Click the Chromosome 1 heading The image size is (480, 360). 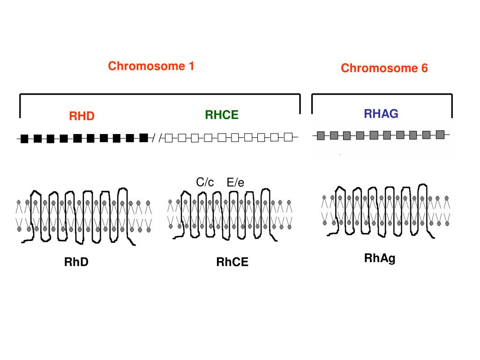point(151,66)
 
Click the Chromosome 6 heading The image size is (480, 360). point(384,68)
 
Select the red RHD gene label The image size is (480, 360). point(82,116)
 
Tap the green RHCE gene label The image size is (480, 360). point(222,115)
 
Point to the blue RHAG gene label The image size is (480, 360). point(381,113)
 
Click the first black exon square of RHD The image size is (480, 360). point(25,138)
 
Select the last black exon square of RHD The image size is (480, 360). point(144,137)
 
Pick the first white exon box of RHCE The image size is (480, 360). point(169,138)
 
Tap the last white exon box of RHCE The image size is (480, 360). point(289,137)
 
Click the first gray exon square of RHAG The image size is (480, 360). point(321,136)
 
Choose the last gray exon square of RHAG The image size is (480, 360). point(440,135)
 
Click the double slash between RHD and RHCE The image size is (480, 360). point(157,138)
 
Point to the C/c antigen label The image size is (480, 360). point(205,182)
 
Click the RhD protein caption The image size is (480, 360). point(76,262)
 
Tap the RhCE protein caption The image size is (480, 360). point(232,262)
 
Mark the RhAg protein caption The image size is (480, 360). point(380,258)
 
